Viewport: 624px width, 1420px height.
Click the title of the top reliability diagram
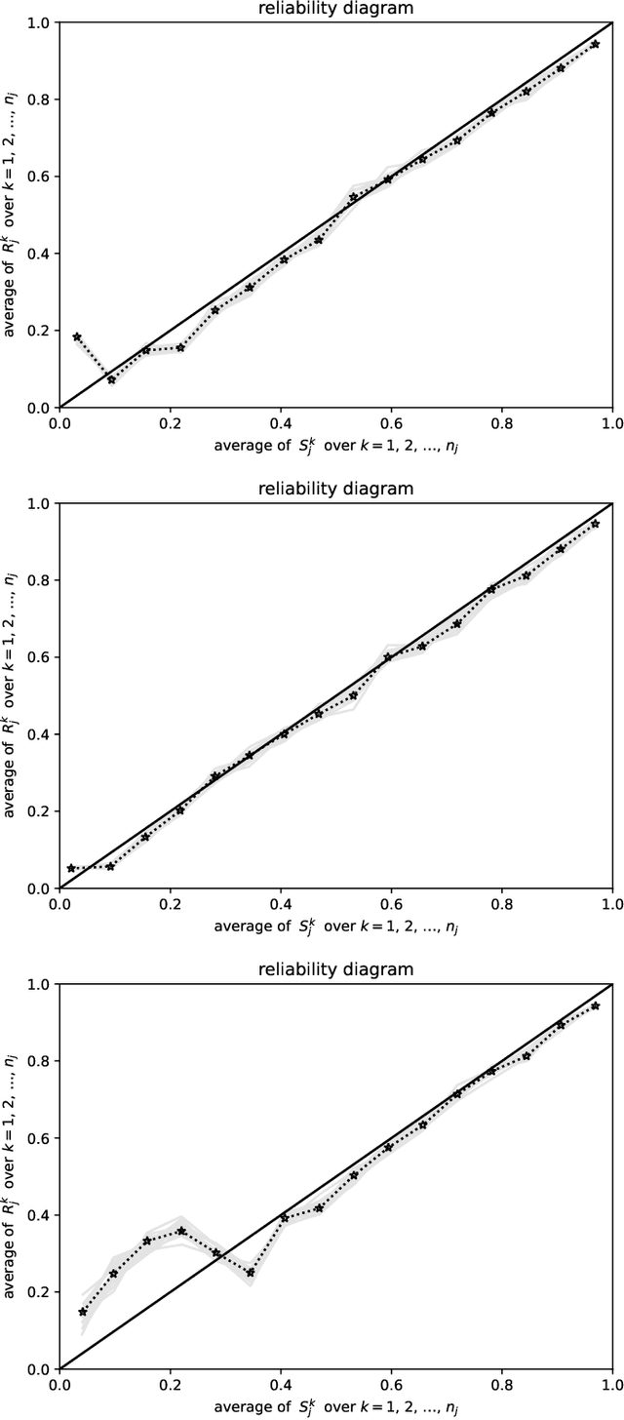click(x=335, y=9)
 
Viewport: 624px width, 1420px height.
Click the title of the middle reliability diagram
click(x=335, y=489)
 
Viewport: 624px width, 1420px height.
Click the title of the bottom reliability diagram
click(x=335, y=969)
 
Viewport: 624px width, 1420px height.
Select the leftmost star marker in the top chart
click(x=77, y=336)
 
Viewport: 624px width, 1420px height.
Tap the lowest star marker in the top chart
click(x=111, y=379)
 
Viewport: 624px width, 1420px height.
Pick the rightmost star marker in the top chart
click(x=595, y=44)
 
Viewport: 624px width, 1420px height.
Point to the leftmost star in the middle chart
click(x=71, y=867)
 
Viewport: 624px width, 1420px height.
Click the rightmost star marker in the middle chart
click(x=595, y=524)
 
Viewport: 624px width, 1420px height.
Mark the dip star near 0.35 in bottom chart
click(x=251, y=1272)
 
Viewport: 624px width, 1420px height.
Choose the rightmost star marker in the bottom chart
click(x=595, y=1006)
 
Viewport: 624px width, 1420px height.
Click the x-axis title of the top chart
click(x=335, y=446)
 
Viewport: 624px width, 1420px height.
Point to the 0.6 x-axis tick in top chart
click(x=391, y=423)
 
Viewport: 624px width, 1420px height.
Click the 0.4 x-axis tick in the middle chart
click(x=281, y=904)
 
